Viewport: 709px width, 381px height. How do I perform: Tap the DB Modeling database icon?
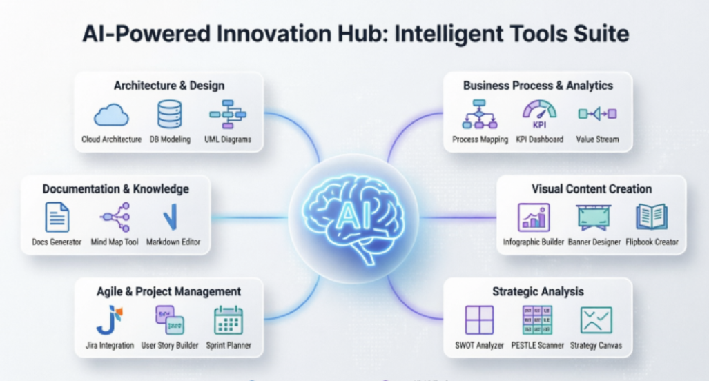(170, 114)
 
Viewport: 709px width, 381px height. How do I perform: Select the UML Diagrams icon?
(228, 114)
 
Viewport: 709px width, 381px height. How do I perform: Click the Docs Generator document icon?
(57, 217)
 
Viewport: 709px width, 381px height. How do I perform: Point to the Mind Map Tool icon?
(115, 217)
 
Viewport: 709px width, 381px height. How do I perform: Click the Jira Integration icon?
(109, 320)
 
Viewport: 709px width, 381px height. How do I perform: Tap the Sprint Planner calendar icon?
(229, 320)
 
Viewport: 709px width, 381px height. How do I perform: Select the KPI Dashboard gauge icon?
(539, 114)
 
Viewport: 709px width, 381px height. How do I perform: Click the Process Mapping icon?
(480, 115)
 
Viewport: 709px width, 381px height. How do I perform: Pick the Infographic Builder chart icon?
(534, 217)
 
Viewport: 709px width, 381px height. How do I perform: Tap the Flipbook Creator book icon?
(652, 217)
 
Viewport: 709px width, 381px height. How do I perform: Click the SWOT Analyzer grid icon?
(480, 320)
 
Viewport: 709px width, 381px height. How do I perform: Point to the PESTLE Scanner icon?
(537, 320)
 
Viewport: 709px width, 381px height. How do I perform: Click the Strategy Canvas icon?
(596, 320)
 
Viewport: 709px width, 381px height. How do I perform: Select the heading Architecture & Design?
(169, 86)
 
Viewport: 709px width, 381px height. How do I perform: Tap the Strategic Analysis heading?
(538, 291)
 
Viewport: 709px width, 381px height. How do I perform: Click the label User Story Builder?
(169, 345)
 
